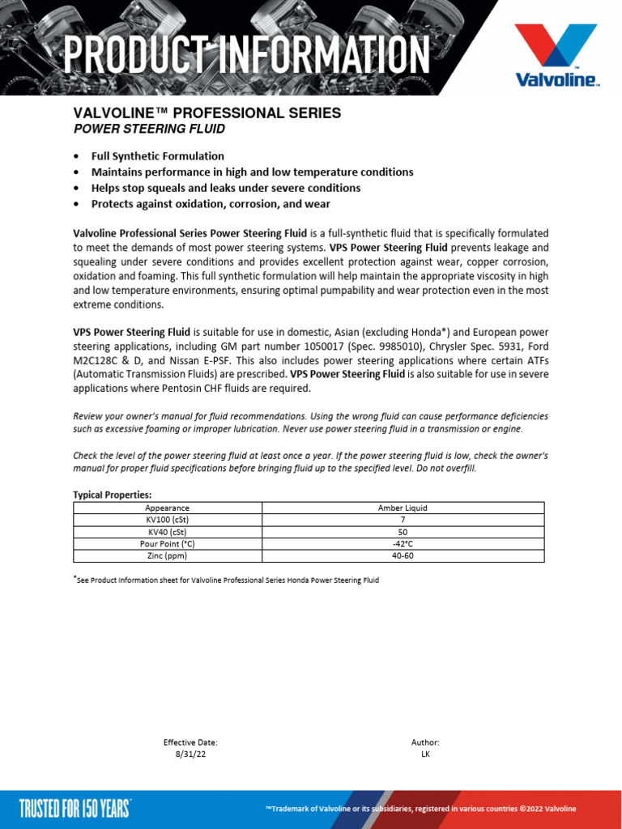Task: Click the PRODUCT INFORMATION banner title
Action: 246,54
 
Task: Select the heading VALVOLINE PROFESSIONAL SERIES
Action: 207,113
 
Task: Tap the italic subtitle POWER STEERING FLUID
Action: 149,129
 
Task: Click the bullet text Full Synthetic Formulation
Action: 158,156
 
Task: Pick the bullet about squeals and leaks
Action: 226,188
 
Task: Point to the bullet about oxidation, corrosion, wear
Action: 211,204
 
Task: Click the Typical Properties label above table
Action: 113,495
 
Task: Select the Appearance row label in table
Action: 167,508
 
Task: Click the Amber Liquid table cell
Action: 403,508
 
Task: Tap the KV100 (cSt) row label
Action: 167,520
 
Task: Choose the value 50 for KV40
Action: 403,532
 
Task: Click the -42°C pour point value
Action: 403,544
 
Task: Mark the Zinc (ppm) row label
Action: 167,556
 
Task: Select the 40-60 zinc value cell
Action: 403,556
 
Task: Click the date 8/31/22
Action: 190,754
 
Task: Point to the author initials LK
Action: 425,754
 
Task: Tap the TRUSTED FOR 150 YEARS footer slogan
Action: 75,808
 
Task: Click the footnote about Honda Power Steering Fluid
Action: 228,580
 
